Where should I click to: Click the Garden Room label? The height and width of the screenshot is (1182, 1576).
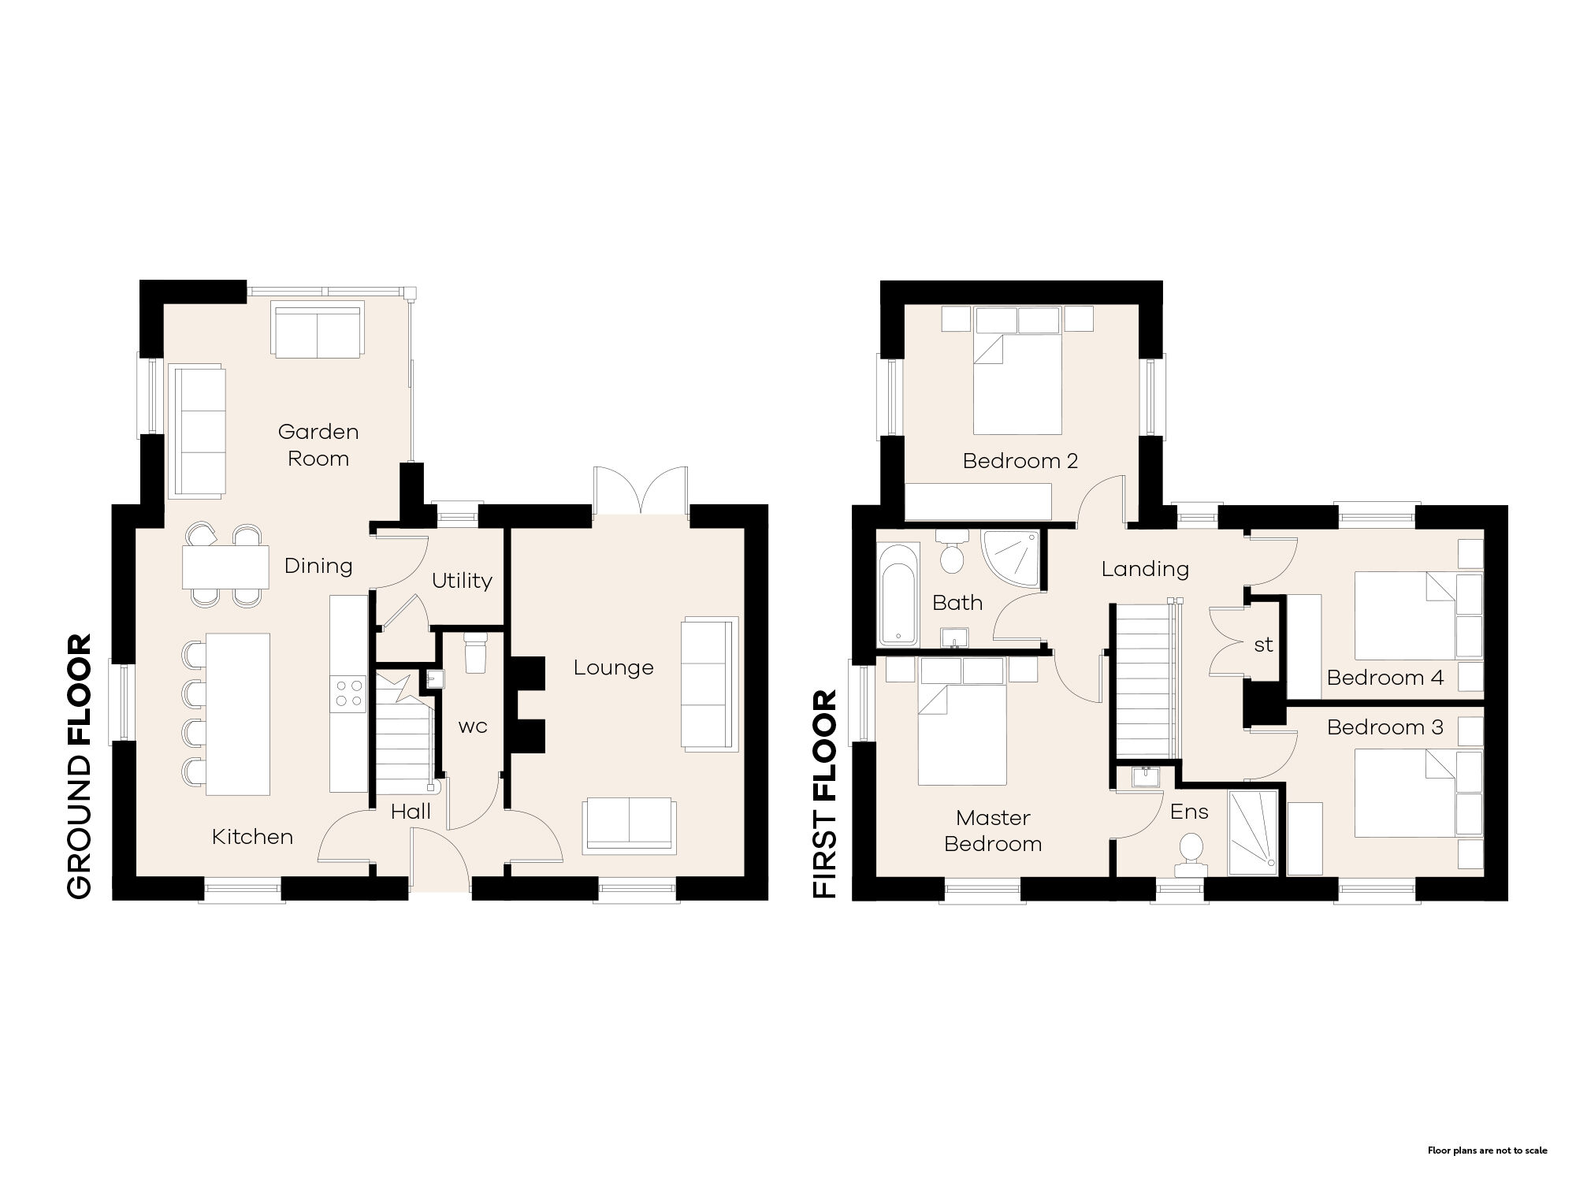(318, 445)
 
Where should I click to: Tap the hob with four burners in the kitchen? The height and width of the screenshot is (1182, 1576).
(349, 693)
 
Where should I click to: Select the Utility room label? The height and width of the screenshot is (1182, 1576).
(462, 581)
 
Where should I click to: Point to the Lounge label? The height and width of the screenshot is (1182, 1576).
(613, 668)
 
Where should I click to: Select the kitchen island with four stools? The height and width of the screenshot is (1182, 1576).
(238, 714)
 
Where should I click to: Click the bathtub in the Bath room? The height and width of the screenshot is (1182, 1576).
(898, 593)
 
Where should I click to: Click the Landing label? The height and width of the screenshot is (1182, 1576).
(1145, 569)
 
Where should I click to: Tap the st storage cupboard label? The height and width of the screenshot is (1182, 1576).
(1263, 645)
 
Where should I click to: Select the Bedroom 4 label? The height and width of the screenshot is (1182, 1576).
(1385, 678)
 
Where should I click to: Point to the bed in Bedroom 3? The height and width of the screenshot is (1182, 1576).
(1407, 792)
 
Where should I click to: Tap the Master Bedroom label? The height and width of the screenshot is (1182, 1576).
(993, 831)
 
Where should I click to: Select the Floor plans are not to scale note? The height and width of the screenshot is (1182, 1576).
(1487, 1150)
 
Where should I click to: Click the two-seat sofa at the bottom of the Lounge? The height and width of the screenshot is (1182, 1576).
(629, 826)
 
